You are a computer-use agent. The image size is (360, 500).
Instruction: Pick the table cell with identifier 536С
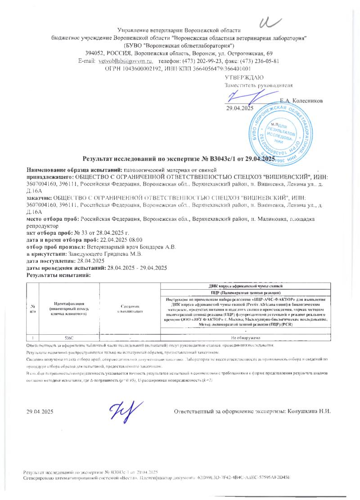[69, 337]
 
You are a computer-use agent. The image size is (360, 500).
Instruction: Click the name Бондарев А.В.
[158, 247]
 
